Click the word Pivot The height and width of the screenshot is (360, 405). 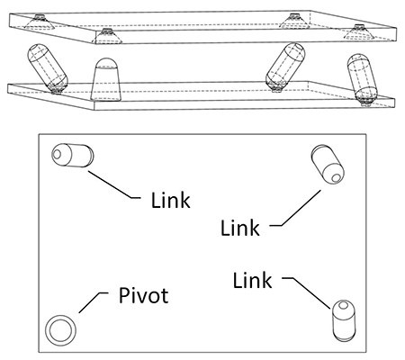pyautogui.click(x=143, y=295)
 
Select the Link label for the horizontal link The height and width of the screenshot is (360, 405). pyautogui.click(x=170, y=200)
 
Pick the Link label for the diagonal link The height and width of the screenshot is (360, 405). pyautogui.click(x=240, y=228)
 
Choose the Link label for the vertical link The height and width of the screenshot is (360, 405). pyautogui.click(x=253, y=280)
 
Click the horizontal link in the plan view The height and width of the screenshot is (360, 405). pyautogui.click(x=73, y=155)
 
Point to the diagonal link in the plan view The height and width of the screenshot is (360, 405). pyautogui.click(x=328, y=165)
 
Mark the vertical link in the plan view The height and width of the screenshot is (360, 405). pyautogui.click(x=344, y=320)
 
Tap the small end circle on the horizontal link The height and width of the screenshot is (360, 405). pyautogui.click(x=57, y=154)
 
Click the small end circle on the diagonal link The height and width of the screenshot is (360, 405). pyautogui.click(x=337, y=178)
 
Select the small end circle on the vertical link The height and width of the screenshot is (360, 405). pyautogui.click(x=343, y=306)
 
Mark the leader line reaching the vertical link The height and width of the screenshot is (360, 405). pyautogui.click(x=307, y=291)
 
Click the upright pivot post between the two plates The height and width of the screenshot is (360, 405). pyautogui.click(x=106, y=79)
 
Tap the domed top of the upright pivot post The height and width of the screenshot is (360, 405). pyautogui.click(x=106, y=63)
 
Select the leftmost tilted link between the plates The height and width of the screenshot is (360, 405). pyautogui.click(x=48, y=68)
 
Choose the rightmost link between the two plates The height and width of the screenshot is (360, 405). pyautogui.click(x=363, y=78)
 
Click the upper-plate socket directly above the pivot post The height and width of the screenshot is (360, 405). pyautogui.click(x=107, y=36)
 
